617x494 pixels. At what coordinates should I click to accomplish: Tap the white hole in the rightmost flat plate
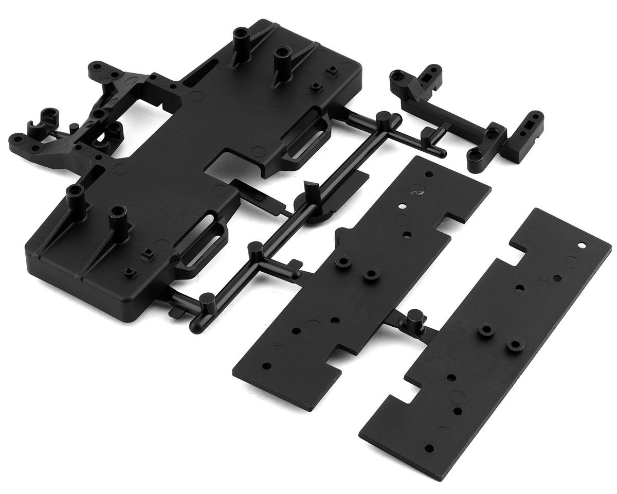coord(582,245)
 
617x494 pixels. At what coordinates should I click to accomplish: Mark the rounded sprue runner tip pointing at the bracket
coord(441,153)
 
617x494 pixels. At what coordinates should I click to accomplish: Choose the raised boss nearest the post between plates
coord(485,330)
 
